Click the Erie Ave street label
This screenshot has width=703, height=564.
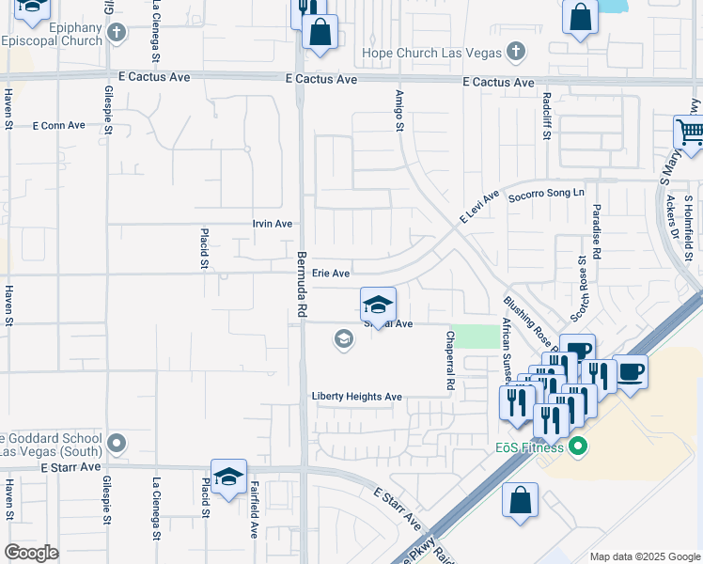[331, 274]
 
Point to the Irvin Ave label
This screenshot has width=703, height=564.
[273, 224]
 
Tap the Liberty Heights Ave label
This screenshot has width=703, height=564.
[357, 397]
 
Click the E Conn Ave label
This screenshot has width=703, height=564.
[58, 125]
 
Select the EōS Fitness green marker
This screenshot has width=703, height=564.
[578, 446]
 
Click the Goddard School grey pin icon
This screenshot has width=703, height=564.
[117, 442]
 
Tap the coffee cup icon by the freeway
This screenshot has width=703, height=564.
[631, 371]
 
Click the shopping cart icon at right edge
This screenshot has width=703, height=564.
[690, 133]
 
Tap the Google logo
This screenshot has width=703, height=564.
[32, 553]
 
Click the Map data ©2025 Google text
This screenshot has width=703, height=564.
[644, 556]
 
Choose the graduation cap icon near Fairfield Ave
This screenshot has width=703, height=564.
[228, 478]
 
